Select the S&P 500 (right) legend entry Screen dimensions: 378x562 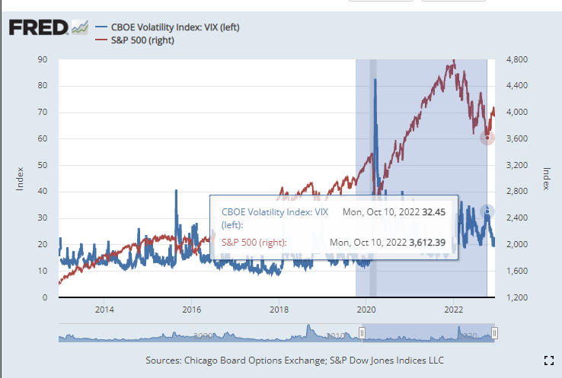pyautogui.click(x=142, y=40)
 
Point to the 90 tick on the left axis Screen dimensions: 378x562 pyautogui.click(x=43, y=59)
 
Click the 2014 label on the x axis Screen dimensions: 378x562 pyautogui.click(x=104, y=310)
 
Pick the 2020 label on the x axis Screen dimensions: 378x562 pyautogui.click(x=366, y=310)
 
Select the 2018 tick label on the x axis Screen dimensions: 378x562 pyautogui.click(x=279, y=310)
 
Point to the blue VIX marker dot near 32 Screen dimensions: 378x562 pyautogui.click(x=487, y=211)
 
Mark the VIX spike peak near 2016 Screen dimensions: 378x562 pyautogui.click(x=176, y=190)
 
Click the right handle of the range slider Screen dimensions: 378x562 pyautogui.click(x=494, y=332)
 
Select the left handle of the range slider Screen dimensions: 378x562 pyautogui.click(x=362, y=332)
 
